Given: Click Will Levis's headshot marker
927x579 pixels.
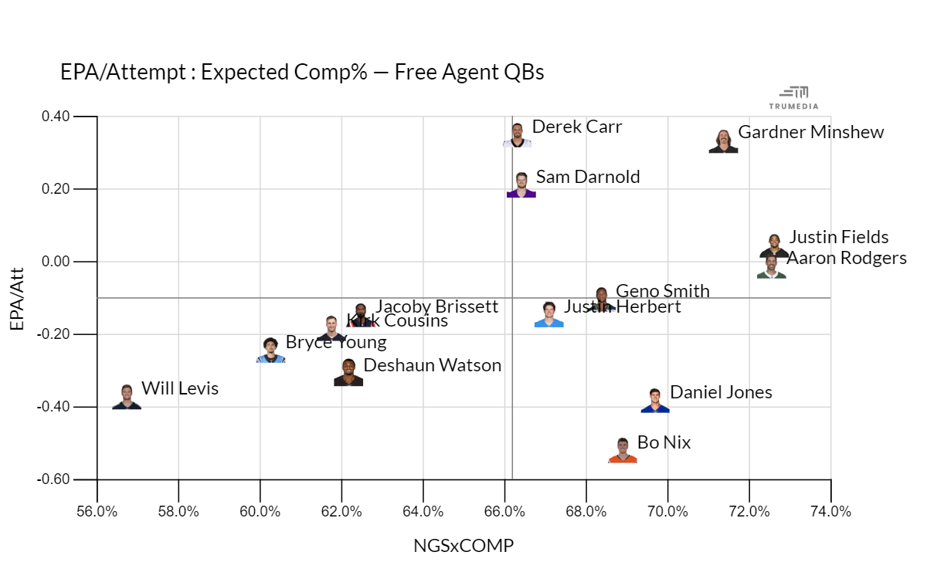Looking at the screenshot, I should pos(127,397).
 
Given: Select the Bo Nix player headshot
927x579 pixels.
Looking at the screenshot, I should pos(623,451).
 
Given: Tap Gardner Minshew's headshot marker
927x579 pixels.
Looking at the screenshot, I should pos(723,141).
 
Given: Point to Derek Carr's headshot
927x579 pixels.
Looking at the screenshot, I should pos(517,135).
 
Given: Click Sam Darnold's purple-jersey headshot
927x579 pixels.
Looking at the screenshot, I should pos(521,185).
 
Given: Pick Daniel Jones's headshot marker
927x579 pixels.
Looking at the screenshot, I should pos(655,401).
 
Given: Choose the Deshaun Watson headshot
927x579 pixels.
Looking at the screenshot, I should pos(348,372).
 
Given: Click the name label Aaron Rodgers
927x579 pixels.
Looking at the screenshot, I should pos(846,258).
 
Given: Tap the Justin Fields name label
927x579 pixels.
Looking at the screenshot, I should pos(839,237).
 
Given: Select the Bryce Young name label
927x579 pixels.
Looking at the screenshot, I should pos(336,342).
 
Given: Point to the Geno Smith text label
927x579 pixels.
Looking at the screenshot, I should pos(662,291).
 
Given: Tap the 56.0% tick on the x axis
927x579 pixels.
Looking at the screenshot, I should pos(97,512).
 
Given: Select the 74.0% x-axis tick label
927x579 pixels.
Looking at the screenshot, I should pos(830,512).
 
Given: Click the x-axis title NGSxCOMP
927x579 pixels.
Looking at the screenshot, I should pos(463,546).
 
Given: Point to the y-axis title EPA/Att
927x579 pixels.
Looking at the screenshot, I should pos(17,298).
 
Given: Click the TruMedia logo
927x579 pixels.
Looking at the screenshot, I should pos(793,97).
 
